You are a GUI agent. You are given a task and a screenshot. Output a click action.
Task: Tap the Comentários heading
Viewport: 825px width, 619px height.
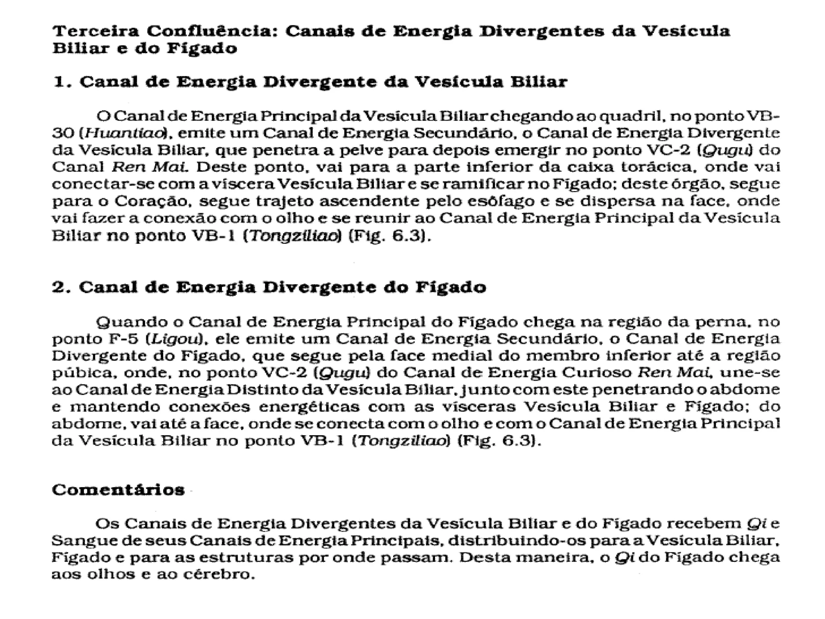[x=118, y=490]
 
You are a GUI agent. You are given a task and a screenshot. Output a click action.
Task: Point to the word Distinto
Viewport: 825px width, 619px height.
[x=261, y=390]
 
